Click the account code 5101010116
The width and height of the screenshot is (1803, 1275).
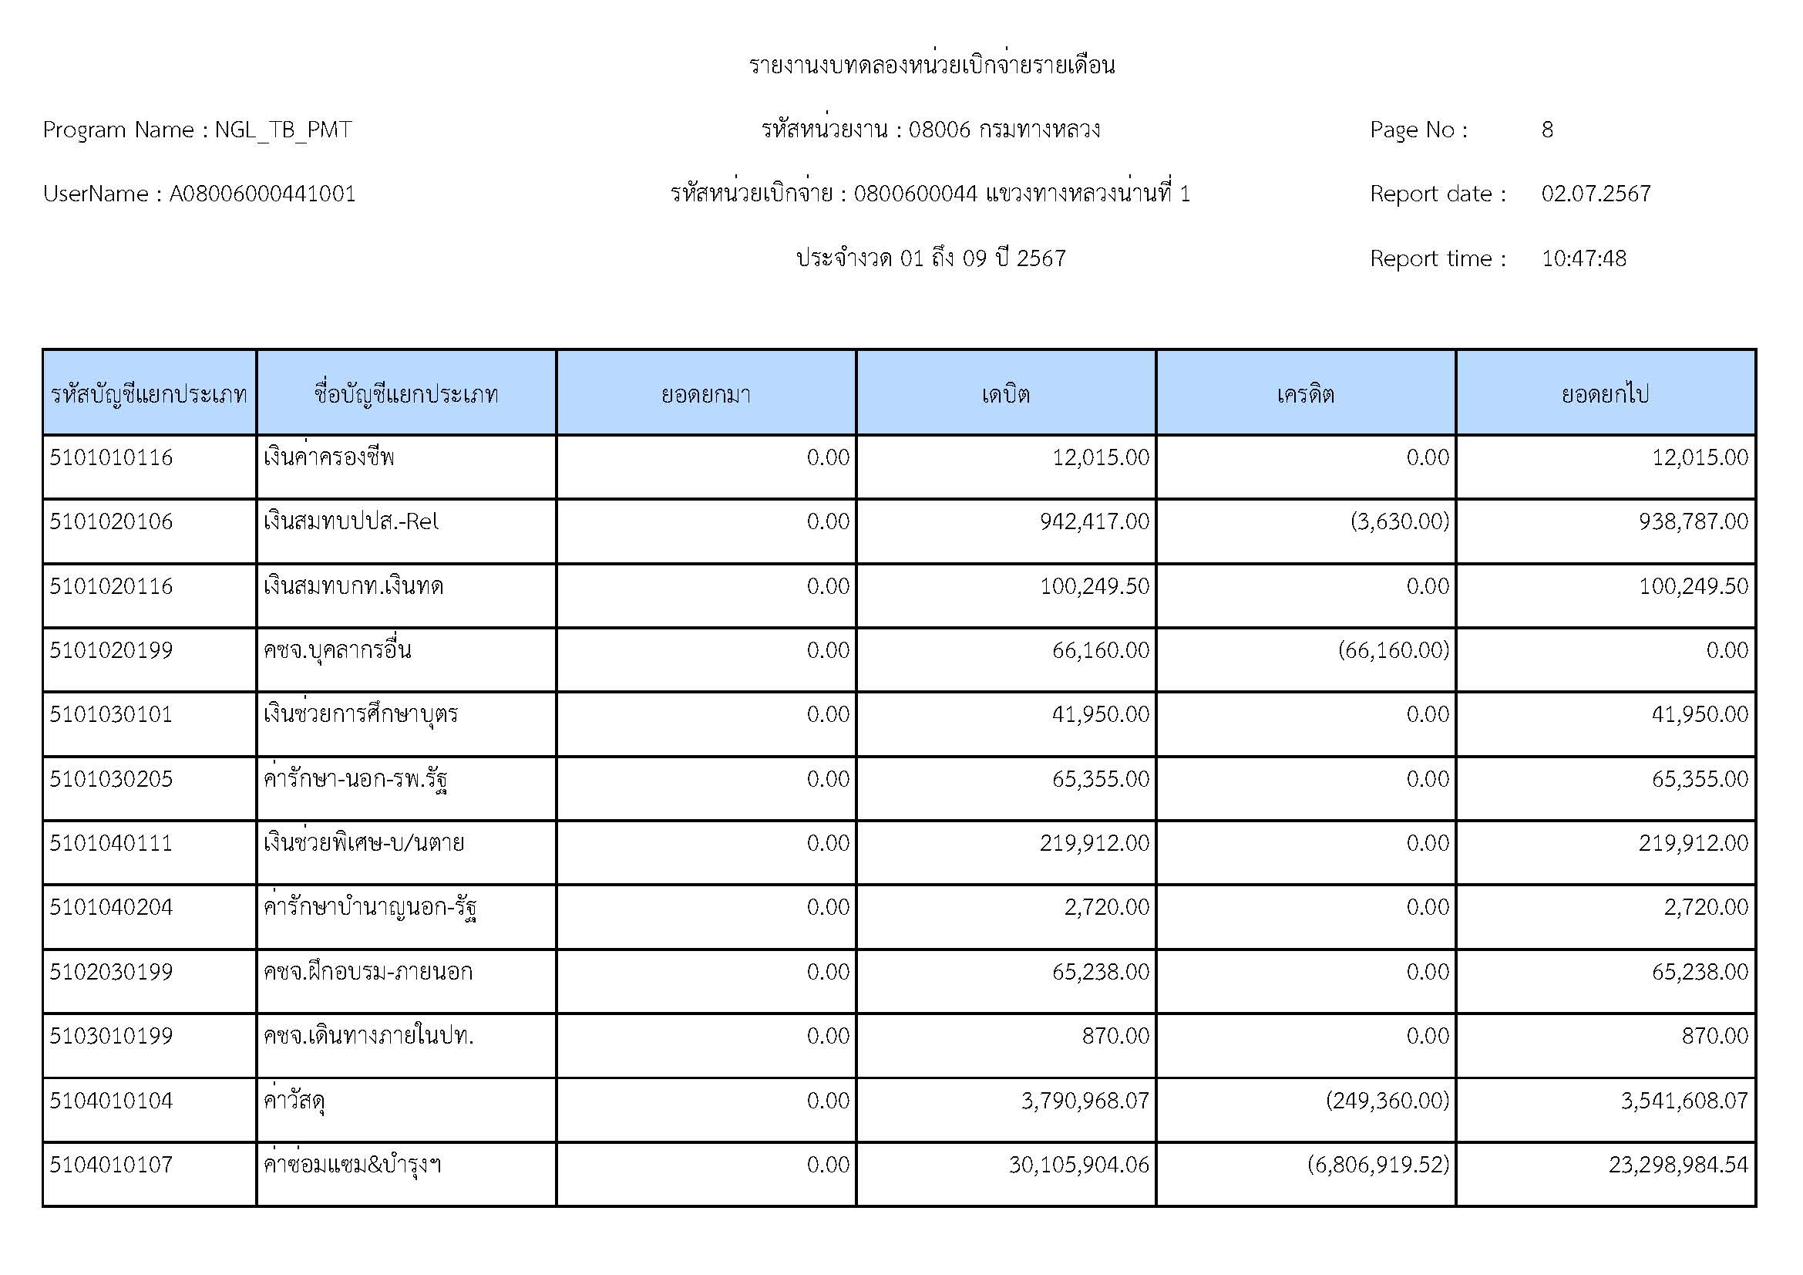[x=111, y=457]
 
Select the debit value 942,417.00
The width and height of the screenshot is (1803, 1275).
[x=1094, y=521]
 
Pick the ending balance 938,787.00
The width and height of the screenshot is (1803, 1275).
[x=1693, y=521]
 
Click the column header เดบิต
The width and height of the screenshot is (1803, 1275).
[x=1005, y=393]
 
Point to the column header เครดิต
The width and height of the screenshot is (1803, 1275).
[x=1305, y=393]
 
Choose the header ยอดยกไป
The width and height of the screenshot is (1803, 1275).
[x=1605, y=393]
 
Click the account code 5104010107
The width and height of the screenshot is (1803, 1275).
[x=111, y=1164]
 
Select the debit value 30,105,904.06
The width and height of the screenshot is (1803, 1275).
[x=1079, y=1164]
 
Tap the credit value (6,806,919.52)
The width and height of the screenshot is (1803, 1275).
[x=1378, y=1164]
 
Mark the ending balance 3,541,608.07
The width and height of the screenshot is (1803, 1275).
[x=1684, y=1101]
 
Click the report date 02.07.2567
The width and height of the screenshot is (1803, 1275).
[x=1596, y=194]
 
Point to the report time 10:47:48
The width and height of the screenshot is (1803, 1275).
[x=1583, y=258]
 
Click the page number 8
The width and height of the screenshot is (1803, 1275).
[x=1547, y=130]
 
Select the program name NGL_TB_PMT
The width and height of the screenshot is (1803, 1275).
[x=283, y=130]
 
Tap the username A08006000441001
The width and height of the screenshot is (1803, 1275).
[x=262, y=194]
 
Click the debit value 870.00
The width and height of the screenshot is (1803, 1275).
[x=1115, y=1036]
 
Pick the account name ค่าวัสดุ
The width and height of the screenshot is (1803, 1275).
[x=294, y=1101]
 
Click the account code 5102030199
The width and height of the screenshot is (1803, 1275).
[x=111, y=972]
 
